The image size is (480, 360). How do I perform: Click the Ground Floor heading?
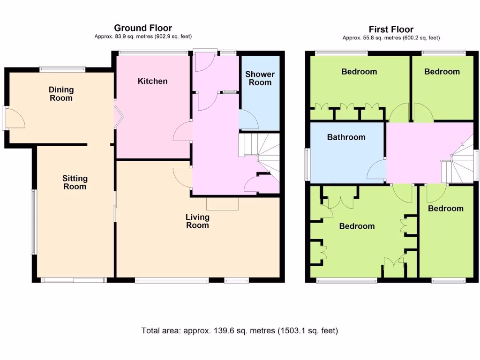click(142, 28)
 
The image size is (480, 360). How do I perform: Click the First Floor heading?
click(391, 29)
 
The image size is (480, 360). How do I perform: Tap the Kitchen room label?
click(152, 81)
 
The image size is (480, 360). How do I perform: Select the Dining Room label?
click(61, 94)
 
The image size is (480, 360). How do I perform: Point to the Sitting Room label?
click(75, 182)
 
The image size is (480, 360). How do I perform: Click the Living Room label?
click(197, 221)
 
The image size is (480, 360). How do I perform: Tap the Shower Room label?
click(260, 78)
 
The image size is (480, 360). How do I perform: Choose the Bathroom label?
click(346, 137)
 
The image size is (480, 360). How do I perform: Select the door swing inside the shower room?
click(248, 120)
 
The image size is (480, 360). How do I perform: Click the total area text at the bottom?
click(240, 330)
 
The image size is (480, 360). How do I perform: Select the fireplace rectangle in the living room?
click(223, 203)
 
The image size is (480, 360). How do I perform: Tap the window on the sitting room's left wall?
click(34, 222)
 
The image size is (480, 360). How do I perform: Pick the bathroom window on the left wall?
click(307, 165)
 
